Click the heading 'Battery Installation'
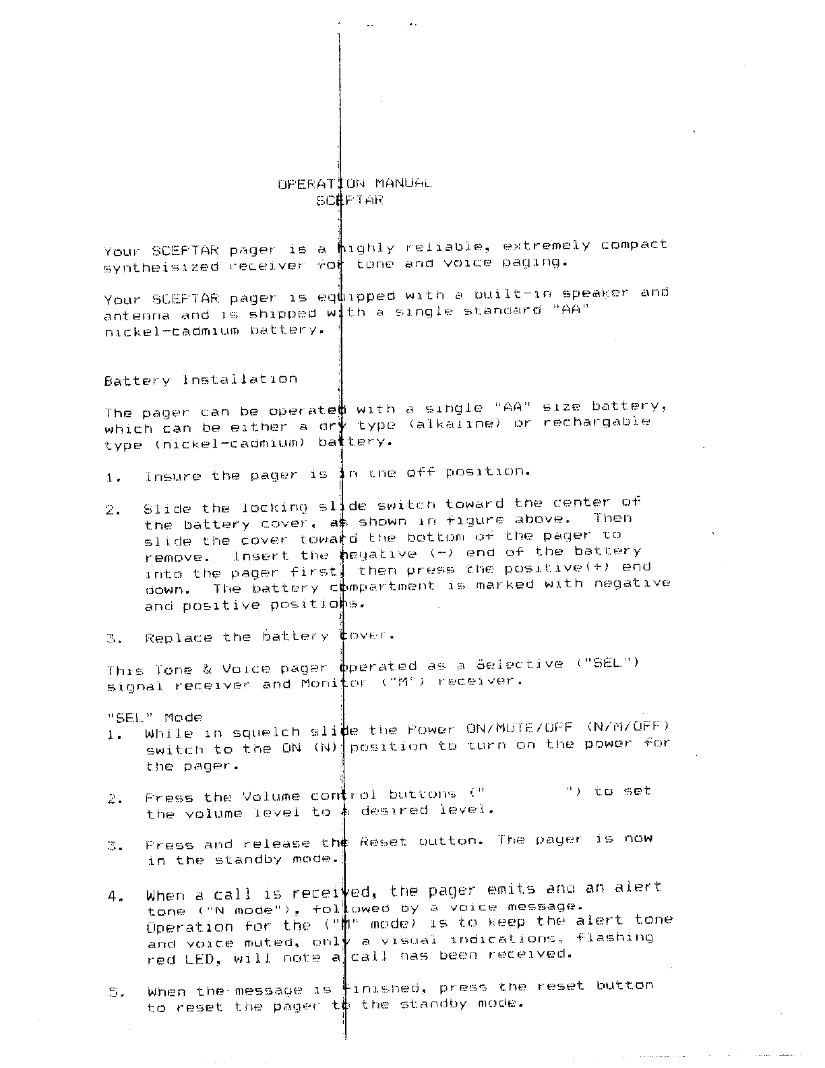click(200, 380)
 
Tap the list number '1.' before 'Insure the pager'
click(113, 478)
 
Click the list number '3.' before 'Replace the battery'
click(113, 639)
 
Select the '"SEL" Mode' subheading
click(154, 717)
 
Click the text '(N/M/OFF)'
click(628, 726)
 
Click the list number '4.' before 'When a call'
click(114, 897)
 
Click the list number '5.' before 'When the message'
click(116, 992)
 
